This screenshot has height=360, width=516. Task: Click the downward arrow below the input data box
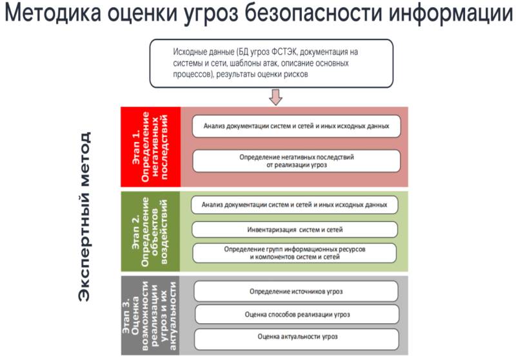coord(276,97)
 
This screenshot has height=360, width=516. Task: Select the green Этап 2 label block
coord(150,231)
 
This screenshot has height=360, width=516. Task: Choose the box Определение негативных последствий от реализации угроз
coord(296,161)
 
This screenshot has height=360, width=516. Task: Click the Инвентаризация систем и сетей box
coord(295,229)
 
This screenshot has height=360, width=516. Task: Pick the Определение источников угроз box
coord(296,292)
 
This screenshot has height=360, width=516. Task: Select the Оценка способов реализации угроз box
coord(296,314)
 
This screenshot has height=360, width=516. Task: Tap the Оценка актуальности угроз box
coord(296,337)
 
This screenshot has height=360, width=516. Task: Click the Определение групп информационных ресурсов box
coord(295,252)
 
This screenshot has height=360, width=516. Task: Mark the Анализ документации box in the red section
coord(296,126)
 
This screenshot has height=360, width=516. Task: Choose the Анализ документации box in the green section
coord(295,205)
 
